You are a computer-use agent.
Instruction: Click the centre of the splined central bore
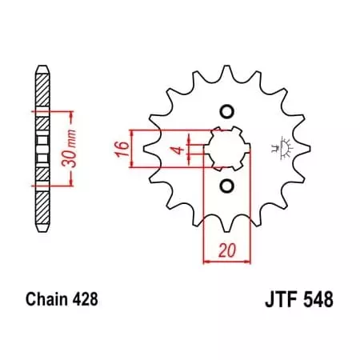pyautogui.click(x=226, y=149)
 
